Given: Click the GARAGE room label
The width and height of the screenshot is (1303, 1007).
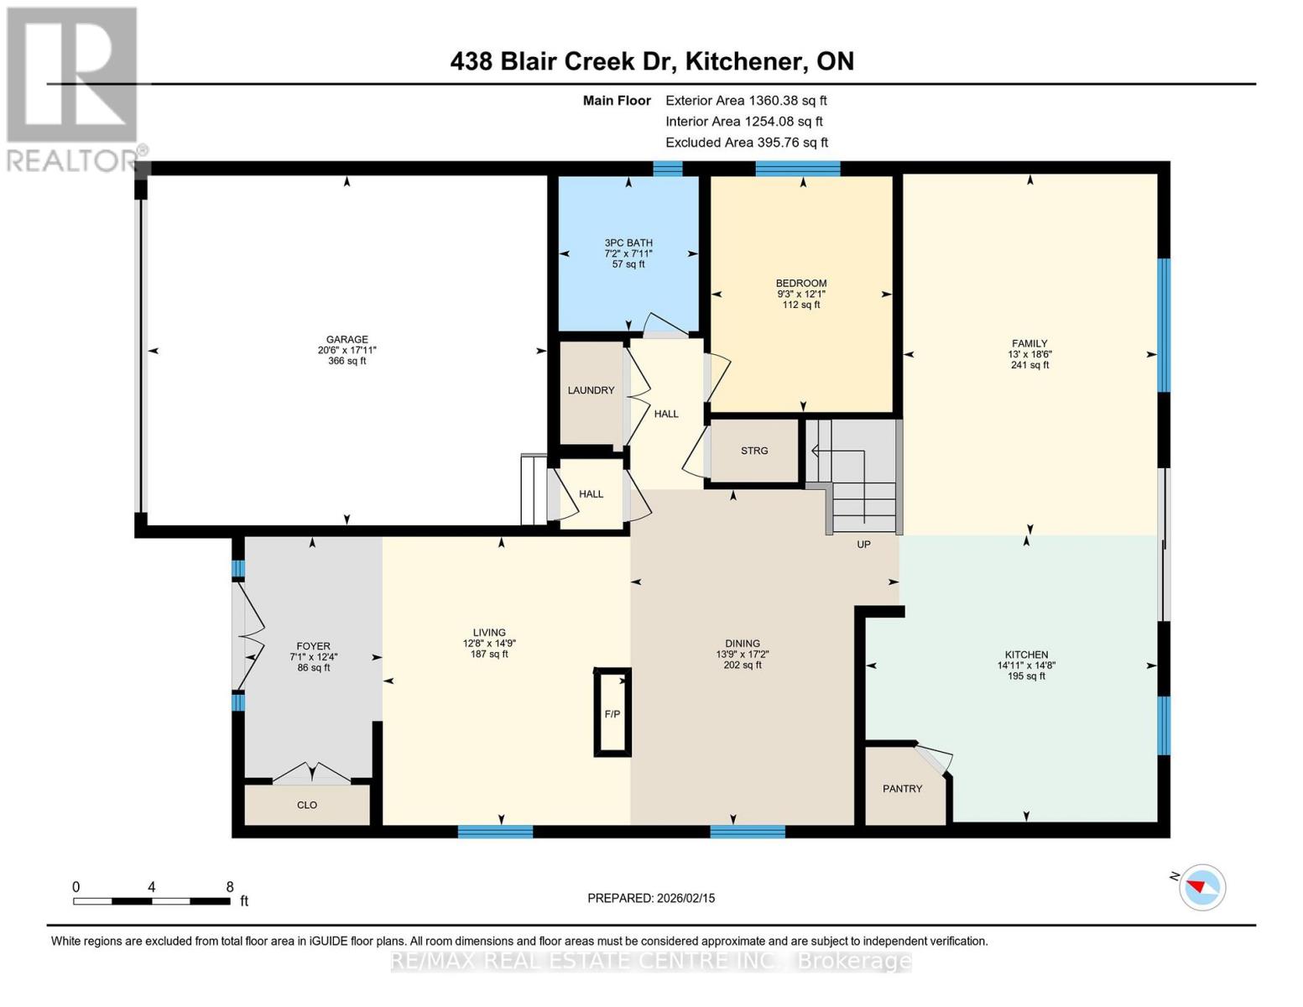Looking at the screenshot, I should tap(347, 340).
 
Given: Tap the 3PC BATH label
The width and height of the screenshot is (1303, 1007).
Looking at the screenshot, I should tap(628, 243).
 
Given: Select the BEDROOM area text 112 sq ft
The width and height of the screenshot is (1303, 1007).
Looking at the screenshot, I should tap(801, 305).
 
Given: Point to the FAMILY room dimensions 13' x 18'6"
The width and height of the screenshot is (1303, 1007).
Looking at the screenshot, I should tap(1029, 354).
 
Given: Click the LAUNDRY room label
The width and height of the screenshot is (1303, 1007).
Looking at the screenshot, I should tap(591, 390).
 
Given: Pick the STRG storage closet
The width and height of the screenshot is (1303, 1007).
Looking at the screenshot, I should tap(753, 451).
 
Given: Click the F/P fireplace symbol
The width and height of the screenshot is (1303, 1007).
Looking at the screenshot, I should tap(612, 713).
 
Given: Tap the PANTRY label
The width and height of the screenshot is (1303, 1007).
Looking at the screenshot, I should tap(902, 789).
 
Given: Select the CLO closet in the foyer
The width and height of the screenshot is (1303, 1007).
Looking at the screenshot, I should tap(307, 805).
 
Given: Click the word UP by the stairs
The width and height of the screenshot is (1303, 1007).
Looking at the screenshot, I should tap(863, 545).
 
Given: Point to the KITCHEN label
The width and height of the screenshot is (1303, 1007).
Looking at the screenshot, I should tap(1026, 655).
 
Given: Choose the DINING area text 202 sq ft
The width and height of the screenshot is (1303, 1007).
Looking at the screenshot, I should tap(743, 665).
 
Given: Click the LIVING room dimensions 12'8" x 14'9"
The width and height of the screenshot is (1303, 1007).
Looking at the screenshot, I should tap(489, 644).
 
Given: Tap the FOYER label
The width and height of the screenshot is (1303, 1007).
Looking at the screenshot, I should tap(314, 646).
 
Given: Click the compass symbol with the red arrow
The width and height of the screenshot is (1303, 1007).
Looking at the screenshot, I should tap(1202, 887).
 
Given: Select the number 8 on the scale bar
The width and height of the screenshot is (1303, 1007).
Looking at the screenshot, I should tap(230, 887).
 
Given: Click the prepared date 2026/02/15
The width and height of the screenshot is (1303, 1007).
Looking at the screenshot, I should tap(684, 898).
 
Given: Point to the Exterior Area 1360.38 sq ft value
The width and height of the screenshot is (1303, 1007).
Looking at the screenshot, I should tap(787, 100).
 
